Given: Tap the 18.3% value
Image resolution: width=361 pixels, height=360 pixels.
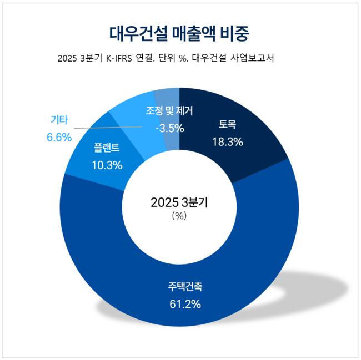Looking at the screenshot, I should coord(228,142).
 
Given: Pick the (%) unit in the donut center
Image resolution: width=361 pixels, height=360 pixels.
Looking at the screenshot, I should coord(179,216).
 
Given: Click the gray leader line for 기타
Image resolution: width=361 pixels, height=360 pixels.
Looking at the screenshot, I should coord(100,129).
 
